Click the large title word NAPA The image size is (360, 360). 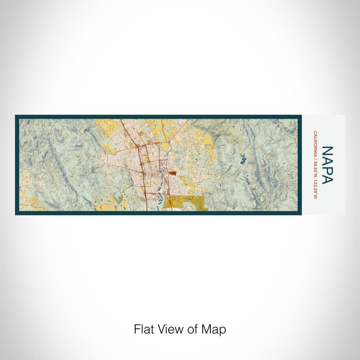tap(327, 165)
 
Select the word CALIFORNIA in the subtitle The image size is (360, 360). tap(314, 146)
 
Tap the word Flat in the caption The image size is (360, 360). tap(145, 329)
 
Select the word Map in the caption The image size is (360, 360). tap(215, 329)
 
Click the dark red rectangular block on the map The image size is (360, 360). tap(171, 174)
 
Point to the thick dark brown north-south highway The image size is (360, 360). tap(143, 170)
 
